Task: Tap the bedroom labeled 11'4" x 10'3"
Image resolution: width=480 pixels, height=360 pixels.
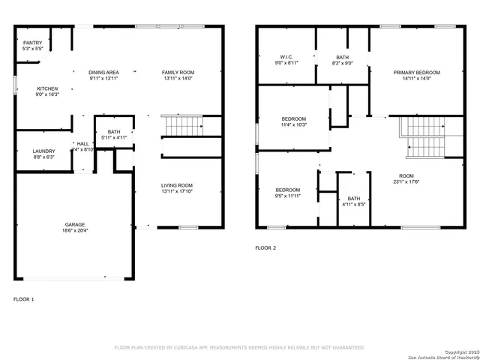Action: pos(293,121)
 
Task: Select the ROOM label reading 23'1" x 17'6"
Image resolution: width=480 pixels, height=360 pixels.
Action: pos(408,178)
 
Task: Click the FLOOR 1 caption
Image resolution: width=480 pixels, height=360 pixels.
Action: pos(24,298)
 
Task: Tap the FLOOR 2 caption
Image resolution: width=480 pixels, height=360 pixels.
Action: pos(265,247)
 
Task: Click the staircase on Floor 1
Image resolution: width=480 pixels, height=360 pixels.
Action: pos(184,126)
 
